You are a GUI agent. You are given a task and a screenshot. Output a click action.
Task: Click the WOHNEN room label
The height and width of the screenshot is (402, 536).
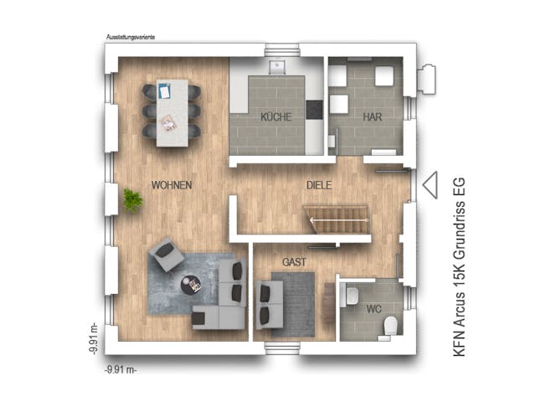click(x=172, y=184)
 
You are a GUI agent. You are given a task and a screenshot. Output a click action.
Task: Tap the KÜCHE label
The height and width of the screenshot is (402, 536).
click(x=276, y=117)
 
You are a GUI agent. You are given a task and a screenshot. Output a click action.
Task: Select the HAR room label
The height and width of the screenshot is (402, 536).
click(x=372, y=117)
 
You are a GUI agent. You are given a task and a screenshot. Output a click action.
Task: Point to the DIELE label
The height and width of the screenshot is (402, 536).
click(x=320, y=184)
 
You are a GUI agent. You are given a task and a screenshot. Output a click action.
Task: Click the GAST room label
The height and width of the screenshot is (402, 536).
click(x=294, y=261)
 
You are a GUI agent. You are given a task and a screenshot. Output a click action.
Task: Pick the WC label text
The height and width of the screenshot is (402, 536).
click(x=374, y=308)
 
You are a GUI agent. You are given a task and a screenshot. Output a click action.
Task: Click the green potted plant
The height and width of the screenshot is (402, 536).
click(x=132, y=200)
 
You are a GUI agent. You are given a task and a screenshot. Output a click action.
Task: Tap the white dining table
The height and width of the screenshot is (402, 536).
click(x=172, y=112)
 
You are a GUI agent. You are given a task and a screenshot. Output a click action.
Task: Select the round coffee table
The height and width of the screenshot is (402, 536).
click(x=192, y=286)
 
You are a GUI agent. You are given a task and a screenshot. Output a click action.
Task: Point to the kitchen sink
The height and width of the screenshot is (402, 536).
click(x=277, y=65)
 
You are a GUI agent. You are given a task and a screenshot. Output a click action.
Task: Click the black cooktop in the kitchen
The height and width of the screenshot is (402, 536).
click(x=315, y=110)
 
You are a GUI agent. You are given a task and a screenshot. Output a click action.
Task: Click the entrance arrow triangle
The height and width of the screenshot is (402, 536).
click(x=429, y=185)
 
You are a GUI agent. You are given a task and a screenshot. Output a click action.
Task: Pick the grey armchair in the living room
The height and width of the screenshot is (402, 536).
click(x=167, y=254)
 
